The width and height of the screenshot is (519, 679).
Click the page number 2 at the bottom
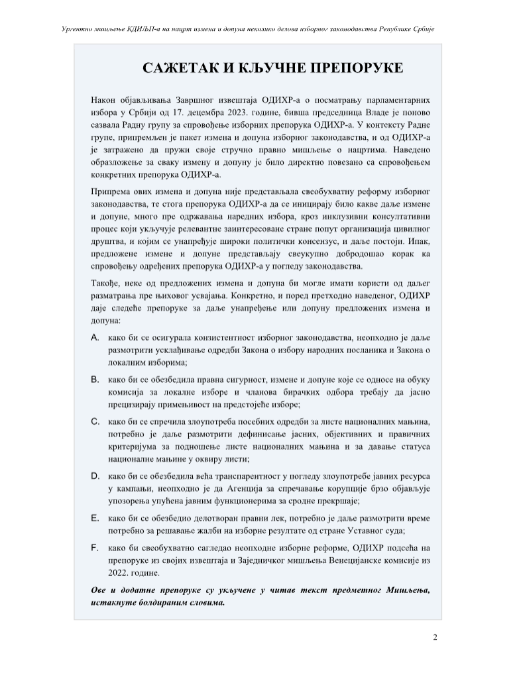click(x=435, y=638)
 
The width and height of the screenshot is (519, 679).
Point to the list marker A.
click(x=95, y=338)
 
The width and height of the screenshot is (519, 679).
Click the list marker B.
click(x=95, y=380)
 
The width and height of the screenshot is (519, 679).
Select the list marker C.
click(x=95, y=421)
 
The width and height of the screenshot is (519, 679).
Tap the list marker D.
click(x=95, y=476)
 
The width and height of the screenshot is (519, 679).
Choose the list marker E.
click(x=95, y=517)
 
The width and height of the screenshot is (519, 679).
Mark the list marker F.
click(x=95, y=547)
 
